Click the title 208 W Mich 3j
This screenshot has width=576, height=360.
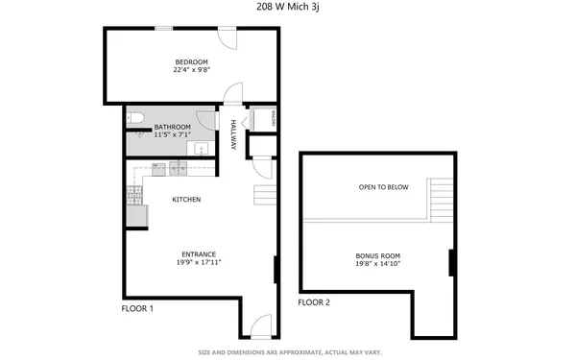[x=288, y=7]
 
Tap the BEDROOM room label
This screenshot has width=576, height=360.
[x=191, y=62]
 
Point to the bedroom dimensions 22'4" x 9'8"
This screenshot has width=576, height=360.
[x=191, y=70]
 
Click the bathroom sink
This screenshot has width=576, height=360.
[x=203, y=149]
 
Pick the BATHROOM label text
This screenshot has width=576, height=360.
[x=173, y=128]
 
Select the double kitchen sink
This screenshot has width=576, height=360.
[x=179, y=169]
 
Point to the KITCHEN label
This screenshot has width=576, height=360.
[x=185, y=200]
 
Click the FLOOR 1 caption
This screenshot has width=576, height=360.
[x=137, y=309]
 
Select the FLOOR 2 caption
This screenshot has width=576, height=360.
[x=313, y=302]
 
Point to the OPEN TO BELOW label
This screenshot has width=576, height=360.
[x=383, y=187]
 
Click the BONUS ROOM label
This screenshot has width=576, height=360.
[x=377, y=256]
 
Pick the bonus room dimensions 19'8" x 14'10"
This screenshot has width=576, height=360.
[x=377, y=264]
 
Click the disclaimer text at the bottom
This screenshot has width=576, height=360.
[x=288, y=352]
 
